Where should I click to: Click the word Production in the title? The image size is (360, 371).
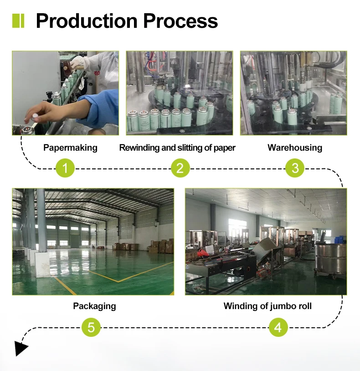coord(87,21)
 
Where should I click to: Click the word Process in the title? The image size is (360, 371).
coord(180,21)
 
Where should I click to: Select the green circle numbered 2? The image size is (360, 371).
coord(180,168)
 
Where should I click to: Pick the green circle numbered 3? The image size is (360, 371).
coord(295,168)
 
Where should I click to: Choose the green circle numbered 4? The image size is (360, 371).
coord(278,327)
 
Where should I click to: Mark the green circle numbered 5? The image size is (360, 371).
coord(91,327)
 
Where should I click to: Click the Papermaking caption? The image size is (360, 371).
coord(70,147)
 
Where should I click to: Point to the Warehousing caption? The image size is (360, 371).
coord(295,147)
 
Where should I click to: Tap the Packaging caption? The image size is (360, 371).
coord(94,306)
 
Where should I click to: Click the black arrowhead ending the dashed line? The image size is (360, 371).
coord(20,348)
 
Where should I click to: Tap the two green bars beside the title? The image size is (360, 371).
coord(18,21)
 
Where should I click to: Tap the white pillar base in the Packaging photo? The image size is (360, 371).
coord(42,264)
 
